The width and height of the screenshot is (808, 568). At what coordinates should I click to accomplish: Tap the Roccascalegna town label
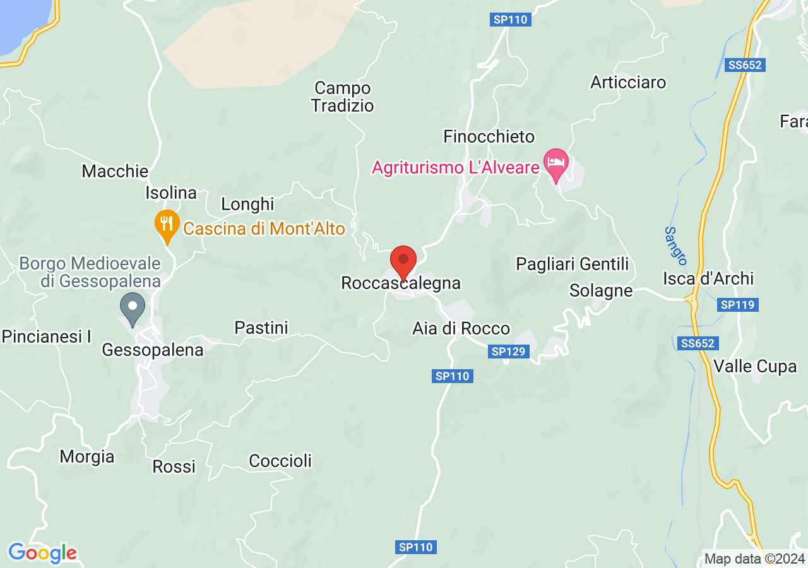(x=401, y=283)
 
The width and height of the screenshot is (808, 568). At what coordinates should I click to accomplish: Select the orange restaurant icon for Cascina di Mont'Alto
(x=167, y=225)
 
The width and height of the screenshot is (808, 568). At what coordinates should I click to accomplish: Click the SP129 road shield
(x=508, y=352)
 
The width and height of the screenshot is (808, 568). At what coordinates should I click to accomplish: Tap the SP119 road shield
(x=738, y=305)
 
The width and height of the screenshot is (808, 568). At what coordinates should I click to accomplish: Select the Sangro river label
(x=675, y=246)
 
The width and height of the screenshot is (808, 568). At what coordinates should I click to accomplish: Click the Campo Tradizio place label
(x=343, y=97)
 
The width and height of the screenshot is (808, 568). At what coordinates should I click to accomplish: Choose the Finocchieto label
(x=489, y=136)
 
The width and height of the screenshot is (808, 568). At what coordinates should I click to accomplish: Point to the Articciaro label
(x=628, y=82)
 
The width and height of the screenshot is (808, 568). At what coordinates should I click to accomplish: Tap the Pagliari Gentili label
(x=573, y=264)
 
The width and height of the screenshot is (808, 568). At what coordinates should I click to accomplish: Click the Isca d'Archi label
(x=708, y=278)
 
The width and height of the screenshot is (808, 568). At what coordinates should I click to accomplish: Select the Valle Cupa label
(x=755, y=366)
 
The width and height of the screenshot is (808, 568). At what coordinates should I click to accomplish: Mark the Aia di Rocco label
(x=461, y=328)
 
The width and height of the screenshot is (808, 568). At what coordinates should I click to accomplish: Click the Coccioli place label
(x=280, y=461)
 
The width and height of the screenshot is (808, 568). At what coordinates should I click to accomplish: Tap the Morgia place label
(x=87, y=456)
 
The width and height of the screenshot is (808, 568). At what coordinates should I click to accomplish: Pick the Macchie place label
(x=115, y=171)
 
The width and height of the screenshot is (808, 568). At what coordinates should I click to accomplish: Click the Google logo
(x=42, y=553)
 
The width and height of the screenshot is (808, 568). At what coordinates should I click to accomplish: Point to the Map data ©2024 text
(x=754, y=559)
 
